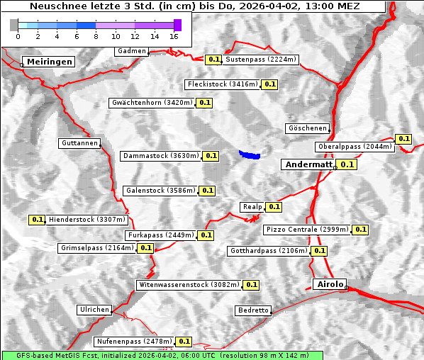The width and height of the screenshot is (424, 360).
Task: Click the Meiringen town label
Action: pyautogui.click(x=49, y=62)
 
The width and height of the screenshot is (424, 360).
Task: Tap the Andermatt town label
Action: pyautogui.click(x=308, y=164)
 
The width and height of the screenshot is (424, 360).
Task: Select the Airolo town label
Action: pyautogui.click(x=330, y=284)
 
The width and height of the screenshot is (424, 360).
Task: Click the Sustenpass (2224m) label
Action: pyautogui.click(x=261, y=60)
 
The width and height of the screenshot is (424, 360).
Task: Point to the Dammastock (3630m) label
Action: pyautogui.click(x=161, y=156)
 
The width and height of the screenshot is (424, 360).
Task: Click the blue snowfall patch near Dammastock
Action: pyautogui.click(x=250, y=154)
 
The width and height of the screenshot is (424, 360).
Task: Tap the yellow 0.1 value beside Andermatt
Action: pyautogui.click(x=346, y=164)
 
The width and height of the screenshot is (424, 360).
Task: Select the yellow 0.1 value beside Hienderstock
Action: pyautogui.click(x=38, y=220)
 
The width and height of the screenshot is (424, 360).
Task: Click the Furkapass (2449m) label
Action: pyautogui.click(x=160, y=235)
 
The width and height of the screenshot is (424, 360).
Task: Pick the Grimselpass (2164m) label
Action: pyautogui.click(x=96, y=248)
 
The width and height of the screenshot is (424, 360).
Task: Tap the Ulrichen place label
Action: pyautogui.click(x=94, y=310)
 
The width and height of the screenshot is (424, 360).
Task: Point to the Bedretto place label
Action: pyautogui.click(x=253, y=310)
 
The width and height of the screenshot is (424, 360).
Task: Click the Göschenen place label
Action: pyautogui.click(x=307, y=128)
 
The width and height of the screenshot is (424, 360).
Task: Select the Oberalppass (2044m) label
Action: pyautogui.click(x=355, y=147)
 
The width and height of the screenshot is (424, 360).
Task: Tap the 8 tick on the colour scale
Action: pyautogui.click(x=96, y=35)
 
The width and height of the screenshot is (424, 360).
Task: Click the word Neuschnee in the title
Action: pyautogui.click(x=56, y=6)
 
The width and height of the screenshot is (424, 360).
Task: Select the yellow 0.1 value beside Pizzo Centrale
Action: pyautogui.click(x=360, y=230)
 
